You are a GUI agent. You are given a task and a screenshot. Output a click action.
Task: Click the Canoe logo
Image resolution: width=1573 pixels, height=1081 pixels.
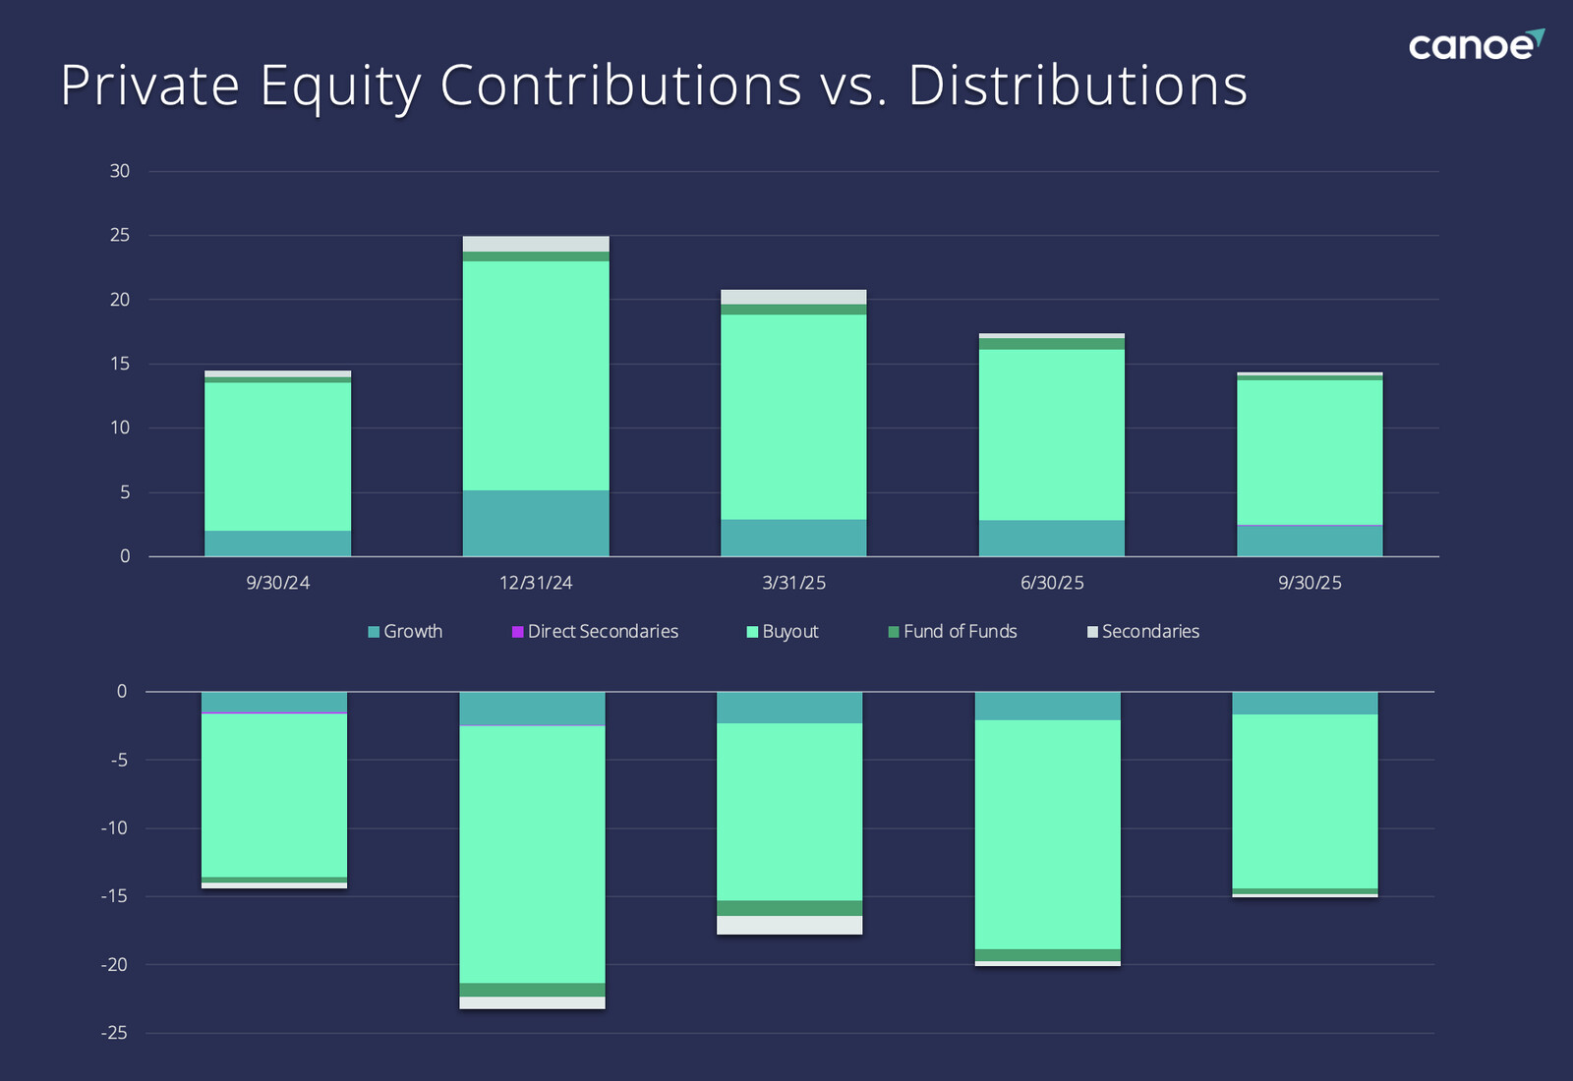pyautogui.click(x=1475, y=45)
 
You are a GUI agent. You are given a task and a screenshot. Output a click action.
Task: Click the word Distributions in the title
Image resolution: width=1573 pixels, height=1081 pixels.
pyautogui.click(x=1078, y=85)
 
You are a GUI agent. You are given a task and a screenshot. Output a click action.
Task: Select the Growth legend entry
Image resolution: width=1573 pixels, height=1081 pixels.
pyautogui.click(x=405, y=631)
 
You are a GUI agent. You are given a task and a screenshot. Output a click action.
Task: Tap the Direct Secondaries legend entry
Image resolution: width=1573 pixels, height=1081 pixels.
pyautogui.click(x=595, y=631)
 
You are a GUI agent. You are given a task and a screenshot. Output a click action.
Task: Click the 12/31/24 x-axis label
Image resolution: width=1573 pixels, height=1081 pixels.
pyautogui.click(x=536, y=583)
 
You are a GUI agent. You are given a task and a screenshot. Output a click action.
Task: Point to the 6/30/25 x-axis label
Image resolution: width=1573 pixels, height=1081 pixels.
pyautogui.click(x=1052, y=583)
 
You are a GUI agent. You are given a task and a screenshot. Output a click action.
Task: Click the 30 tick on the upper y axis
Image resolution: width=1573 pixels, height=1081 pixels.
pyautogui.click(x=120, y=171)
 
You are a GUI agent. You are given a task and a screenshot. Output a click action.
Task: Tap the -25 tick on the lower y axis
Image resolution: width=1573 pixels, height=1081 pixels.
pyautogui.click(x=115, y=1033)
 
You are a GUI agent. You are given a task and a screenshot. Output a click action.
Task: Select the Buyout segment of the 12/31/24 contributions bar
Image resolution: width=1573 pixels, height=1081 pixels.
pyautogui.click(x=536, y=375)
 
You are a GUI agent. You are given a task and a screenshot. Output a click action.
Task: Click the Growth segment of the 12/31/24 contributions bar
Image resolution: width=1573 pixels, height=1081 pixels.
pyautogui.click(x=536, y=523)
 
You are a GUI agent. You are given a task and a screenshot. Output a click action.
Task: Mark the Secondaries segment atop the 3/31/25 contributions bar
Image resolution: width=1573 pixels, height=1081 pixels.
pyautogui.click(x=793, y=297)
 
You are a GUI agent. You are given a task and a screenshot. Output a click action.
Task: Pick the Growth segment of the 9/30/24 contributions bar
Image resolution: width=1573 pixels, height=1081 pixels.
pyautogui.click(x=277, y=543)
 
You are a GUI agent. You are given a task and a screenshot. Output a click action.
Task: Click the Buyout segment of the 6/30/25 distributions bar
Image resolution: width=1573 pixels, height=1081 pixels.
pyautogui.click(x=1047, y=834)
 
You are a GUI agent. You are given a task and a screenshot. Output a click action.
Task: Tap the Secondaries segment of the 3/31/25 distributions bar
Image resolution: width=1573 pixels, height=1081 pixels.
pyautogui.click(x=789, y=925)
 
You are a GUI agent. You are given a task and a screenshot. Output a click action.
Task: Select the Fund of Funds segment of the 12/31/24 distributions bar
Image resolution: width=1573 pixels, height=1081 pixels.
pyautogui.click(x=532, y=990)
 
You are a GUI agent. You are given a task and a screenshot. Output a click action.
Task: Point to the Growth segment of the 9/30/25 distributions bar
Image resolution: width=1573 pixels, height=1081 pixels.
pyautogui.click(x=1305, y=703)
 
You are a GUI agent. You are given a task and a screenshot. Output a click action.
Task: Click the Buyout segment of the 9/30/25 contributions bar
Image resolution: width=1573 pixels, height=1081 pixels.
pyautogui.click(x=1310, y=452)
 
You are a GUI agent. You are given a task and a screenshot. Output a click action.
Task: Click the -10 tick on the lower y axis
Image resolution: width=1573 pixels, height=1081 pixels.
pyautogui.click(x=115, y=828)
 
